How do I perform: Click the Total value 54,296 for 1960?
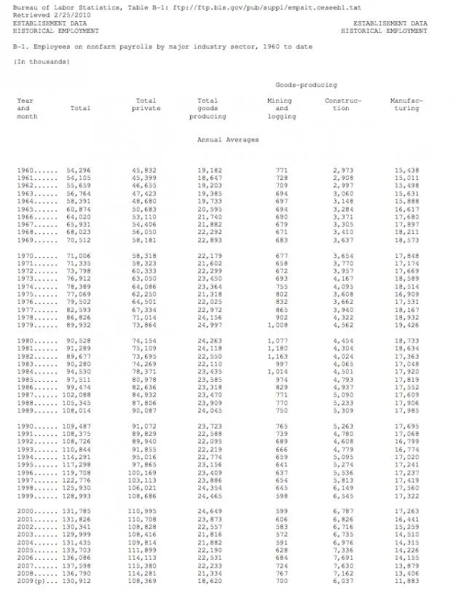click(x=79, y=170)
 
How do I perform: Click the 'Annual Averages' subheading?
click(x=227, y=139)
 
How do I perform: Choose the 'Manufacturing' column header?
click(x=406, y=104)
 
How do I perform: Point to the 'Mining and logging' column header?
click(x=281, y=109)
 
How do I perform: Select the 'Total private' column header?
click(x=146, y=104)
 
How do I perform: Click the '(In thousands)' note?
click(x=42, y=61)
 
